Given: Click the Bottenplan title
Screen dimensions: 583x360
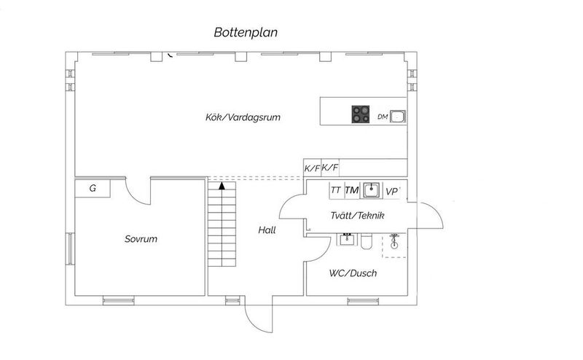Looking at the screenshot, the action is click(246, 32).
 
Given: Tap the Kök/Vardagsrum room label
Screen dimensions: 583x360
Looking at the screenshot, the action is click(243, 117).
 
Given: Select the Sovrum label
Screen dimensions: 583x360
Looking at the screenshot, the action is click(141, 239).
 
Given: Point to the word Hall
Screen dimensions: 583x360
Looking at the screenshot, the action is click(267, 230).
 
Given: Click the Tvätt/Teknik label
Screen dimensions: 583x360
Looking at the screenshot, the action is click(357, 215).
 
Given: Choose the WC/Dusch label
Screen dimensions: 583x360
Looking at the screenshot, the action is click(353, 273).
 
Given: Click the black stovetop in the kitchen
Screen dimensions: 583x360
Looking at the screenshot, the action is click(361, 114).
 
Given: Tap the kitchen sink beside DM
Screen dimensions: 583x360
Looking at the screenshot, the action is click(397, 117).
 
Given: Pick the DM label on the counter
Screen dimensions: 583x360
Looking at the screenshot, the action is click(383, 117).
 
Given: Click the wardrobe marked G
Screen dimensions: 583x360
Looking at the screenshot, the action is click(93, 189).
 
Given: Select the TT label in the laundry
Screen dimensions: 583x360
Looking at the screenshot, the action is click(336, 190).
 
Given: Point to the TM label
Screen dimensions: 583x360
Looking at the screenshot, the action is click(352, 190).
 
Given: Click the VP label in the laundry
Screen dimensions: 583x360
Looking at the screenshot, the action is click(392, 192).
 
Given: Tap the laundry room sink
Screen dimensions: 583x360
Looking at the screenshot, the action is click(372, 190).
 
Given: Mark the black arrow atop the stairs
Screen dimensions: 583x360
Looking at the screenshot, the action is click(222, 186).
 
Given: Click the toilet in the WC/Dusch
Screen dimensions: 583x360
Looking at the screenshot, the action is click(367, 241).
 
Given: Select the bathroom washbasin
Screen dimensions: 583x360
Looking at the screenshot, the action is click(348, 239).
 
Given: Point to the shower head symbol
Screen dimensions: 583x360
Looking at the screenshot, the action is click(394, 241).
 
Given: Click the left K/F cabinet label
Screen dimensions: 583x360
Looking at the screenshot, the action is click(313, 168).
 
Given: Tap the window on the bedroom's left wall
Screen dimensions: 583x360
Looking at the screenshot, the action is click(70, 249).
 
